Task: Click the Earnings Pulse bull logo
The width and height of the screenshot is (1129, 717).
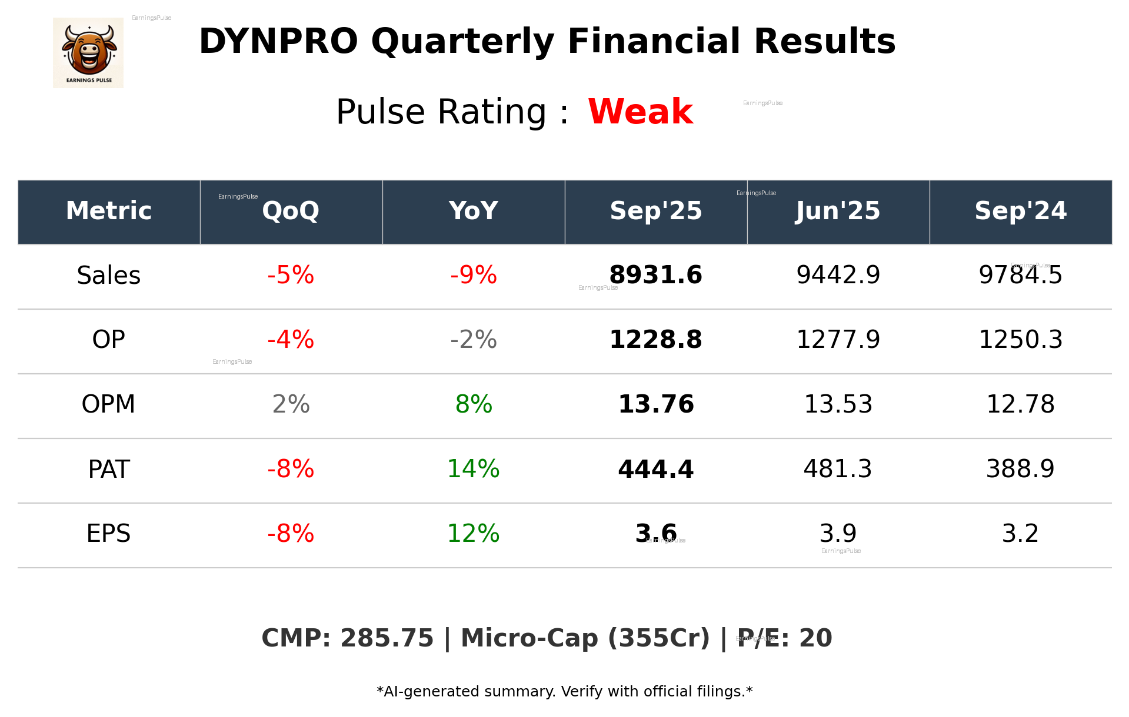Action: point(88,53)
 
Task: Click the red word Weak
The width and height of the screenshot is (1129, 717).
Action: point(640,112)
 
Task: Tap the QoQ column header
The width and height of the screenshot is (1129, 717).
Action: point(291,211)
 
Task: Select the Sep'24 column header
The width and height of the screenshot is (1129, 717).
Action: point(1020,211)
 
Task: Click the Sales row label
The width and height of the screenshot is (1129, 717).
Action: point(109,276)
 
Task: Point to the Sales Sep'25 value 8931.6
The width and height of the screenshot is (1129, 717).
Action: point(655,276)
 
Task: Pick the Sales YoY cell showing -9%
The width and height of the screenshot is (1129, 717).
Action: point(473,276)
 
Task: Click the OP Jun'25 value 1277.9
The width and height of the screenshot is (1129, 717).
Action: point(838,340)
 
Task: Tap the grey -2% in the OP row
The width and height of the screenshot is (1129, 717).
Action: point(473,340)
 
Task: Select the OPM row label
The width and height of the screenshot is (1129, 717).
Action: point(109,405)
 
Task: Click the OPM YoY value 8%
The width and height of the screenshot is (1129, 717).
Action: point(473,405)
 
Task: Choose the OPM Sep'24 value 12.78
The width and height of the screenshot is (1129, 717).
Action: point(1020,405)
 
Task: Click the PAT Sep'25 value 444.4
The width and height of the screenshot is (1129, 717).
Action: point(655,470)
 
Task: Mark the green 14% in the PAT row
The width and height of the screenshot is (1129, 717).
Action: point(473,470)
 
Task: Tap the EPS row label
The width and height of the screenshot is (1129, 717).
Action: point(109,534)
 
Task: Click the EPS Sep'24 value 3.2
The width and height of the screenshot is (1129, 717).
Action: point(1020,534)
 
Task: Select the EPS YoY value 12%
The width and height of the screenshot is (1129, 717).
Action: point(473,534)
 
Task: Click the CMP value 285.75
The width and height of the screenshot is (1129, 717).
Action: point(387,639)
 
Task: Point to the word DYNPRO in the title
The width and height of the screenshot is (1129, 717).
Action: point(278,42)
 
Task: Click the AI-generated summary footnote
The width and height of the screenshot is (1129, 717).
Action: point(564,692)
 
